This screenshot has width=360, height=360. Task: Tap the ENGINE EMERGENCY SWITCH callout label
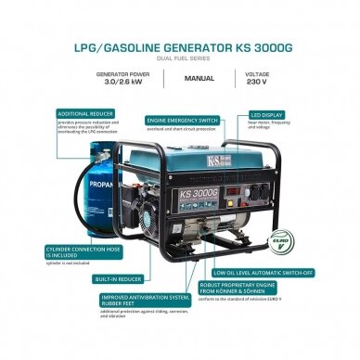coord(184,120)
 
